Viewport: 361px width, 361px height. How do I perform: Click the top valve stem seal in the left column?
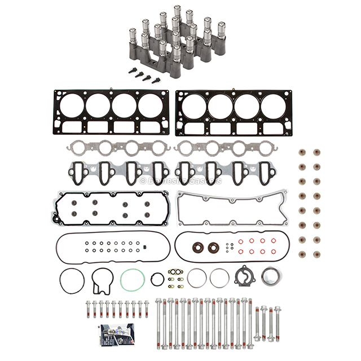[x=303, y=153]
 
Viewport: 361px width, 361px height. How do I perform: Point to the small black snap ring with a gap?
[x=158, y=279]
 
